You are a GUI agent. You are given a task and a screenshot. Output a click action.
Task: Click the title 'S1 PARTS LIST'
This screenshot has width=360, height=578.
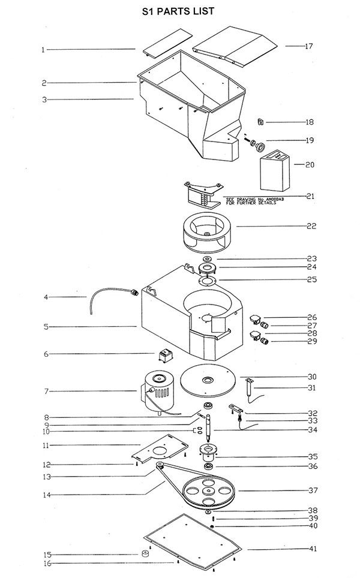[x=178, y=11]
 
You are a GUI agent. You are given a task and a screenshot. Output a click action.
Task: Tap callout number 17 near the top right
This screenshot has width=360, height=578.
[x=309, y=46]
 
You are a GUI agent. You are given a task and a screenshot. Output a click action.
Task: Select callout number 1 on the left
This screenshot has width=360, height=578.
[x=43, y=49]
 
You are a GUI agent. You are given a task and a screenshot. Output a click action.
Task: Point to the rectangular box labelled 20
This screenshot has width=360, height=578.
[x=275, y=171]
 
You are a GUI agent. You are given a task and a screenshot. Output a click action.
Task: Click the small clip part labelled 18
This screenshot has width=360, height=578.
[x=260, y=122]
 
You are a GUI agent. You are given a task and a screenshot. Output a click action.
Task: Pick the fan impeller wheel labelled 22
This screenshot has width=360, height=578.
[x=208, y=232]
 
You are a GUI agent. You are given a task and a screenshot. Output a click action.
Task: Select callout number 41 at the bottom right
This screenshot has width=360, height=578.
[x=313, y=549]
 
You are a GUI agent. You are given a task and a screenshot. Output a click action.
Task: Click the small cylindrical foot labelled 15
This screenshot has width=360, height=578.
[x=145, y=553]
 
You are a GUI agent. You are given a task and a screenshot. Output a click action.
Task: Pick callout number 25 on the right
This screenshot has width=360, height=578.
[x=312, y=279]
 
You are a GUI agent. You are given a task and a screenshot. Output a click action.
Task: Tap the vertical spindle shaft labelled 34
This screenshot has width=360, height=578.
[x=208, y=429]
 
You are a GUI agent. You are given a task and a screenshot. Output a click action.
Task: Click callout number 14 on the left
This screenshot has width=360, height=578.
[x=46, y=495]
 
